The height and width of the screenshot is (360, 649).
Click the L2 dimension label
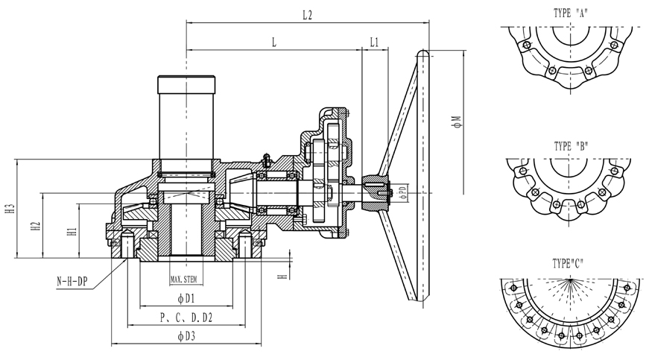pos(307,15)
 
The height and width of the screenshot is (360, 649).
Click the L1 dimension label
pos(374,42)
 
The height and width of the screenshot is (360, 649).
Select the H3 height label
pos(9,210)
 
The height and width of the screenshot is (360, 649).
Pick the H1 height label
pos(72,232)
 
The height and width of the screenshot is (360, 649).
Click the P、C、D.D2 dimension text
pos(186,318)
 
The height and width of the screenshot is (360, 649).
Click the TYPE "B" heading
pos(572,145)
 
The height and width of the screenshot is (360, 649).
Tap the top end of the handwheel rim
pos(422,54)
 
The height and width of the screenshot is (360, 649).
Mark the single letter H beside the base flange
pos(282,277)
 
